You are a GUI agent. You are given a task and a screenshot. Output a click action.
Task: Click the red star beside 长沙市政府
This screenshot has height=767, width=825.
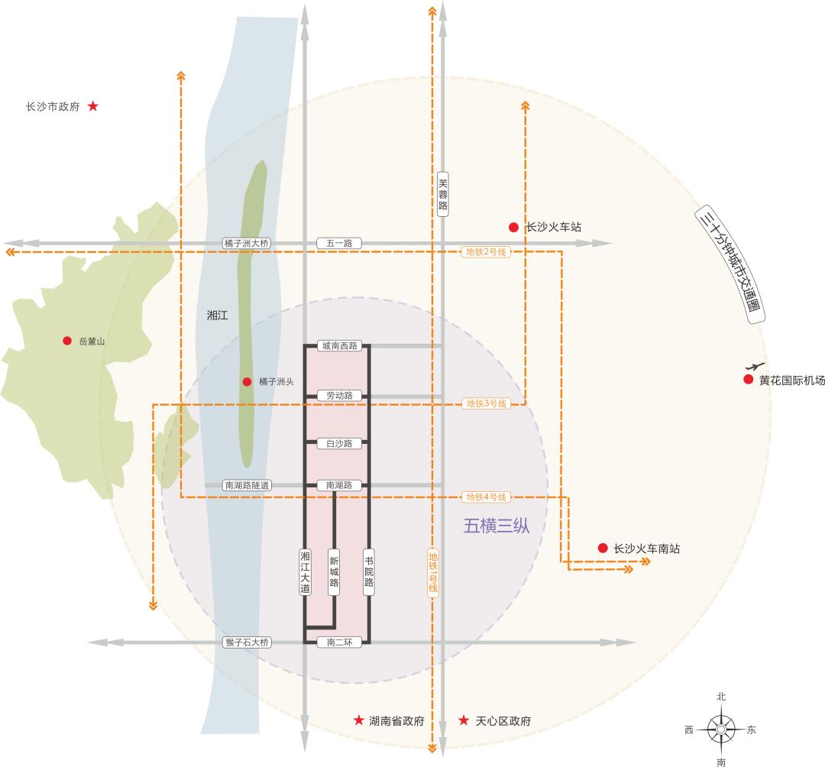point(92,106)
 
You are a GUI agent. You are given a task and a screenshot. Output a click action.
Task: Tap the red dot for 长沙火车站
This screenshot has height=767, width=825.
point(514,227)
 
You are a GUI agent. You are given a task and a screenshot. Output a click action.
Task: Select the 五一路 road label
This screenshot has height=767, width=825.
point(339,243)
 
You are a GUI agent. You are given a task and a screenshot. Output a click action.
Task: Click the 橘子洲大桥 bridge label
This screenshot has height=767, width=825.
point(247,243)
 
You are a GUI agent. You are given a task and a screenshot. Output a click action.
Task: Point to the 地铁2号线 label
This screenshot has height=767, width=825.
point(486,252)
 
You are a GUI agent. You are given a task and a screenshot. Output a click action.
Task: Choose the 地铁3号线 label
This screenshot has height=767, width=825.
point(486,403)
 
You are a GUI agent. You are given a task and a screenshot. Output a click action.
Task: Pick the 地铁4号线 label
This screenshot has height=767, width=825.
point(486,497)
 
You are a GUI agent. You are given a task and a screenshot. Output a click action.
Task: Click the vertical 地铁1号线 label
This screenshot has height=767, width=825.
point(433,572)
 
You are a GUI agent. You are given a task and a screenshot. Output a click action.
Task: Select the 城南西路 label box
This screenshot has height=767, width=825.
point(339,346)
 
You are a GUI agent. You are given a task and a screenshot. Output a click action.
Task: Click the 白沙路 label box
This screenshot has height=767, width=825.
point(339,443)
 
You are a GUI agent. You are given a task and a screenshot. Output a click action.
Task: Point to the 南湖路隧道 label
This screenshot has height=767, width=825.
point(247,485)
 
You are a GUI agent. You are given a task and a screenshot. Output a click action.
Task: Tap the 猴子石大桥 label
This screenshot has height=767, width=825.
point(247,642)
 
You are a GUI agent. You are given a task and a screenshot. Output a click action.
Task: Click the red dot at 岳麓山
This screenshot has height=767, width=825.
point(67,341)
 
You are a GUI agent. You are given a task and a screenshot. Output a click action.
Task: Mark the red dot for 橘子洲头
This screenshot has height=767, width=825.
point(247,381)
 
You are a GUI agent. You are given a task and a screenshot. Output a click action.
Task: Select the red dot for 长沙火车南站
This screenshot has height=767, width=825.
point(603,548)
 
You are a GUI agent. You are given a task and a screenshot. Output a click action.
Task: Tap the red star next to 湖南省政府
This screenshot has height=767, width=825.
point(358,720)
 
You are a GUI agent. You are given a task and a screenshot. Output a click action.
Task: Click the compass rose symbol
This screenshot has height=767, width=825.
point(721,730)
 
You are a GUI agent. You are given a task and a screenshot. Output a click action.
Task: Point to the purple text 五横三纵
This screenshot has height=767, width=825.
point(497,526)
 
